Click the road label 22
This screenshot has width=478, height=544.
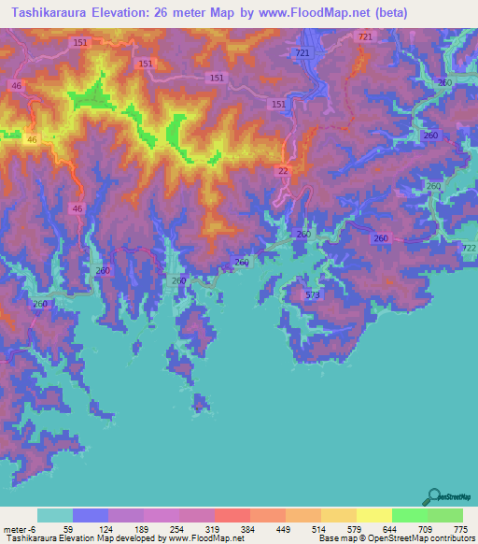click(x=283, y=170)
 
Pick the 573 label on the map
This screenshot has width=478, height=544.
click(x=312, y=294)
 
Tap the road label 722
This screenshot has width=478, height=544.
click(x=469, y=248)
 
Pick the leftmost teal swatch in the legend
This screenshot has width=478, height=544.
click(x=54, y=515)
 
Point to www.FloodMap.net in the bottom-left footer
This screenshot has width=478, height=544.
click(x=204, y=538)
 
